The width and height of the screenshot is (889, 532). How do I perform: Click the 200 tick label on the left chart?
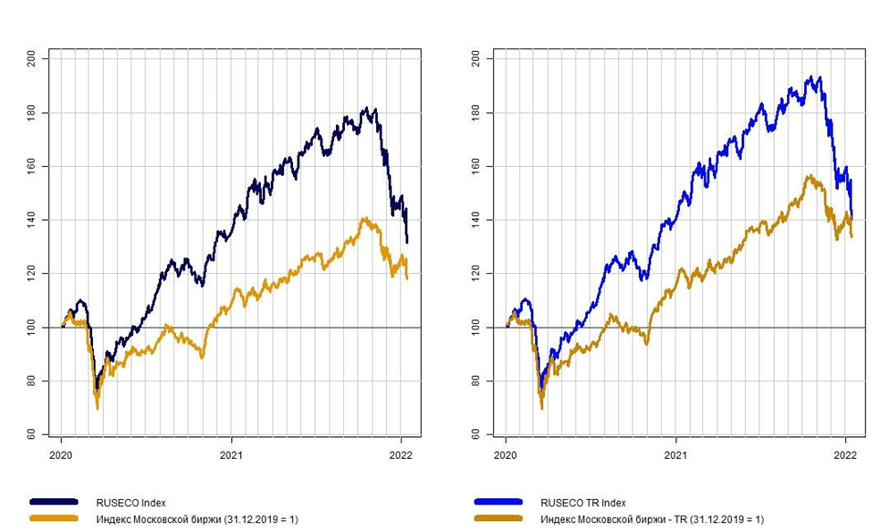pyautogui.click(x=32, y=59)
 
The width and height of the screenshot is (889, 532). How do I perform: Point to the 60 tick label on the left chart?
pyautogui.click(x=32, y=434)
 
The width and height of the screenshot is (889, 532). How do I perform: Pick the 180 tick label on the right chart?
pyautogui.click(x=476, y=113)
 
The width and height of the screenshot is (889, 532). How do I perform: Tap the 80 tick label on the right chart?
pyautogui.click(x=476, y=381)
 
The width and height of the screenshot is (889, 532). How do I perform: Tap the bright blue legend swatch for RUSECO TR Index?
pyautogui.click(x=498, y=502)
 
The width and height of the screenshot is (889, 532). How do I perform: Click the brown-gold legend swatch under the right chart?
pyautogui.click(x=498, y=518)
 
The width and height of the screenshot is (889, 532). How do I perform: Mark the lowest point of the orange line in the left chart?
pyautogui.click(x=97, y=408)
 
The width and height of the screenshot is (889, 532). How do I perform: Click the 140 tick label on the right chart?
pyautogui.click(x=476, y=220)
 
